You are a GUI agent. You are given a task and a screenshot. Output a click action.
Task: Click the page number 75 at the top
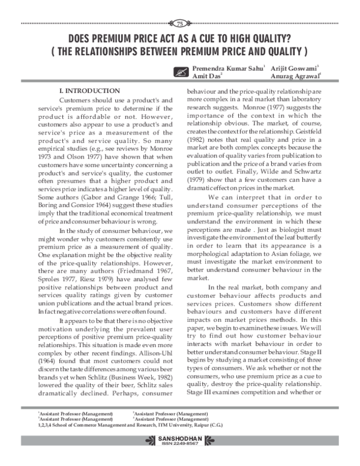(x=179, y=23)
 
